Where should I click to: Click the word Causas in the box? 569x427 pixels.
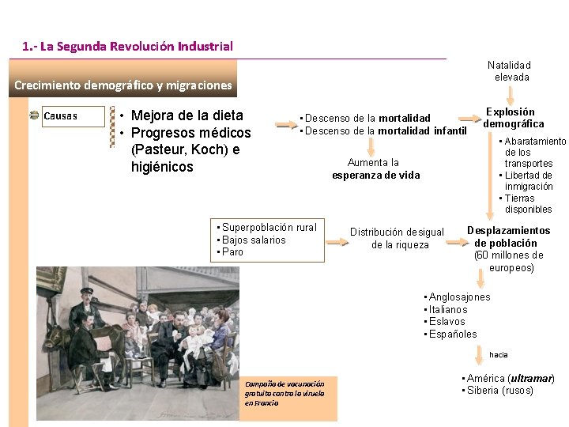pos(61,116)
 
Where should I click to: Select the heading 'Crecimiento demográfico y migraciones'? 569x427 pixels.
pos(123,85)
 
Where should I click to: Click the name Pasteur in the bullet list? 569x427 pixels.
pos(160,150)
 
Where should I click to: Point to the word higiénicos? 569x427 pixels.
pos(162,167)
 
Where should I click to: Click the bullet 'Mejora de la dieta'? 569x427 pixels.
pos(187,116)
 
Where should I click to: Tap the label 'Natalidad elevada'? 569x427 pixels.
pos(510,71)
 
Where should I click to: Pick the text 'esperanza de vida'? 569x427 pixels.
pos(375,176)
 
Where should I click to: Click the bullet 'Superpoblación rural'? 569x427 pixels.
pos(269,228)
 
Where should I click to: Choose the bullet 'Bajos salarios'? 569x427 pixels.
pos(254,240)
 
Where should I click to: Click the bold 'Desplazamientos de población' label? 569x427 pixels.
pos(508,236)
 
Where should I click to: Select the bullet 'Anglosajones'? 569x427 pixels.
pos(459,297)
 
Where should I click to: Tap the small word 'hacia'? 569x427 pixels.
pos(499,355)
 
